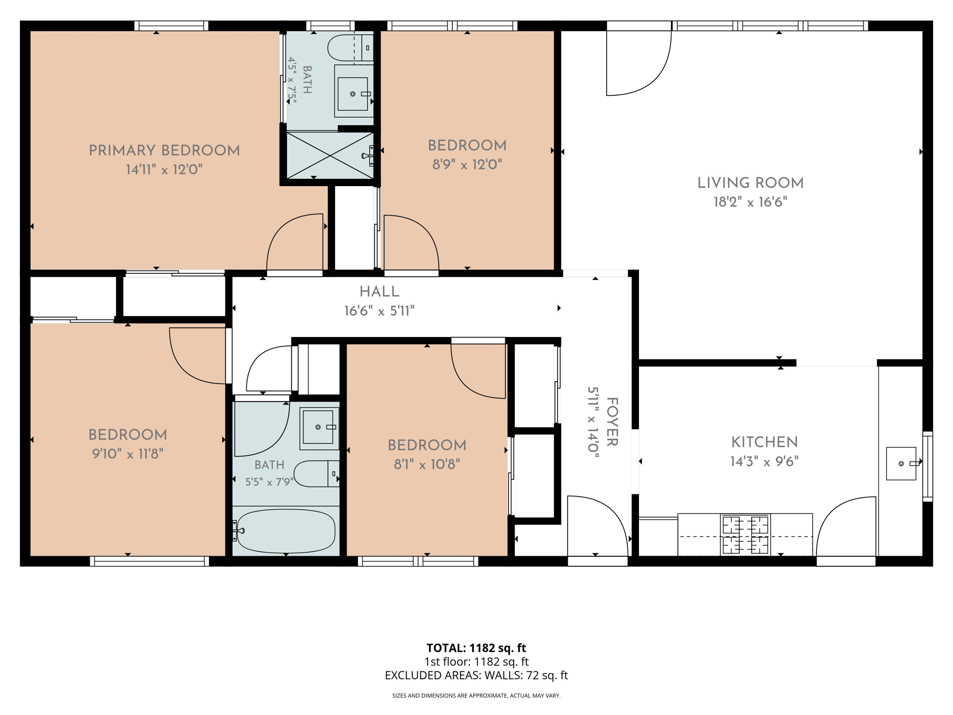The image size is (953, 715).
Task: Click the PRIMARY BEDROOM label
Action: click(164, 150)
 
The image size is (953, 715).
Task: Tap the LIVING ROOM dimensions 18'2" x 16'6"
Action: click(751, 202)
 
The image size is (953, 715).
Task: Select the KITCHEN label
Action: click(765, 442)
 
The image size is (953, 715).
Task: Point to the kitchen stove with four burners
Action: click(745, 534)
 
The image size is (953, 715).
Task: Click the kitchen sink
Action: click(901, 464)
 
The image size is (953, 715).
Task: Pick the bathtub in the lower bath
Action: click(284, 531)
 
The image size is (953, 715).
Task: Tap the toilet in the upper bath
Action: click(350, 48)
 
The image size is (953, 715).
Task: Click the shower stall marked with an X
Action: click(330, 155)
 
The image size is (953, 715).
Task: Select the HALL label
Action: click(379, 292)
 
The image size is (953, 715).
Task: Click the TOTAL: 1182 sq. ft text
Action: click(476, 648)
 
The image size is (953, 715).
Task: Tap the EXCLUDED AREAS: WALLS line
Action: click(476, 675)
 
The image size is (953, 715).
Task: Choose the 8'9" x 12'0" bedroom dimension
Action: click(467, 164)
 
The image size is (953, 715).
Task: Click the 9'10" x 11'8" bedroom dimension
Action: click(128, 454)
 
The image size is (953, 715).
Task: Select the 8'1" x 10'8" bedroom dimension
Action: click(427, 464)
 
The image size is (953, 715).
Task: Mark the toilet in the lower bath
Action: click(316, 473)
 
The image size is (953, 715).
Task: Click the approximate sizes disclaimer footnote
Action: click(476, 696)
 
